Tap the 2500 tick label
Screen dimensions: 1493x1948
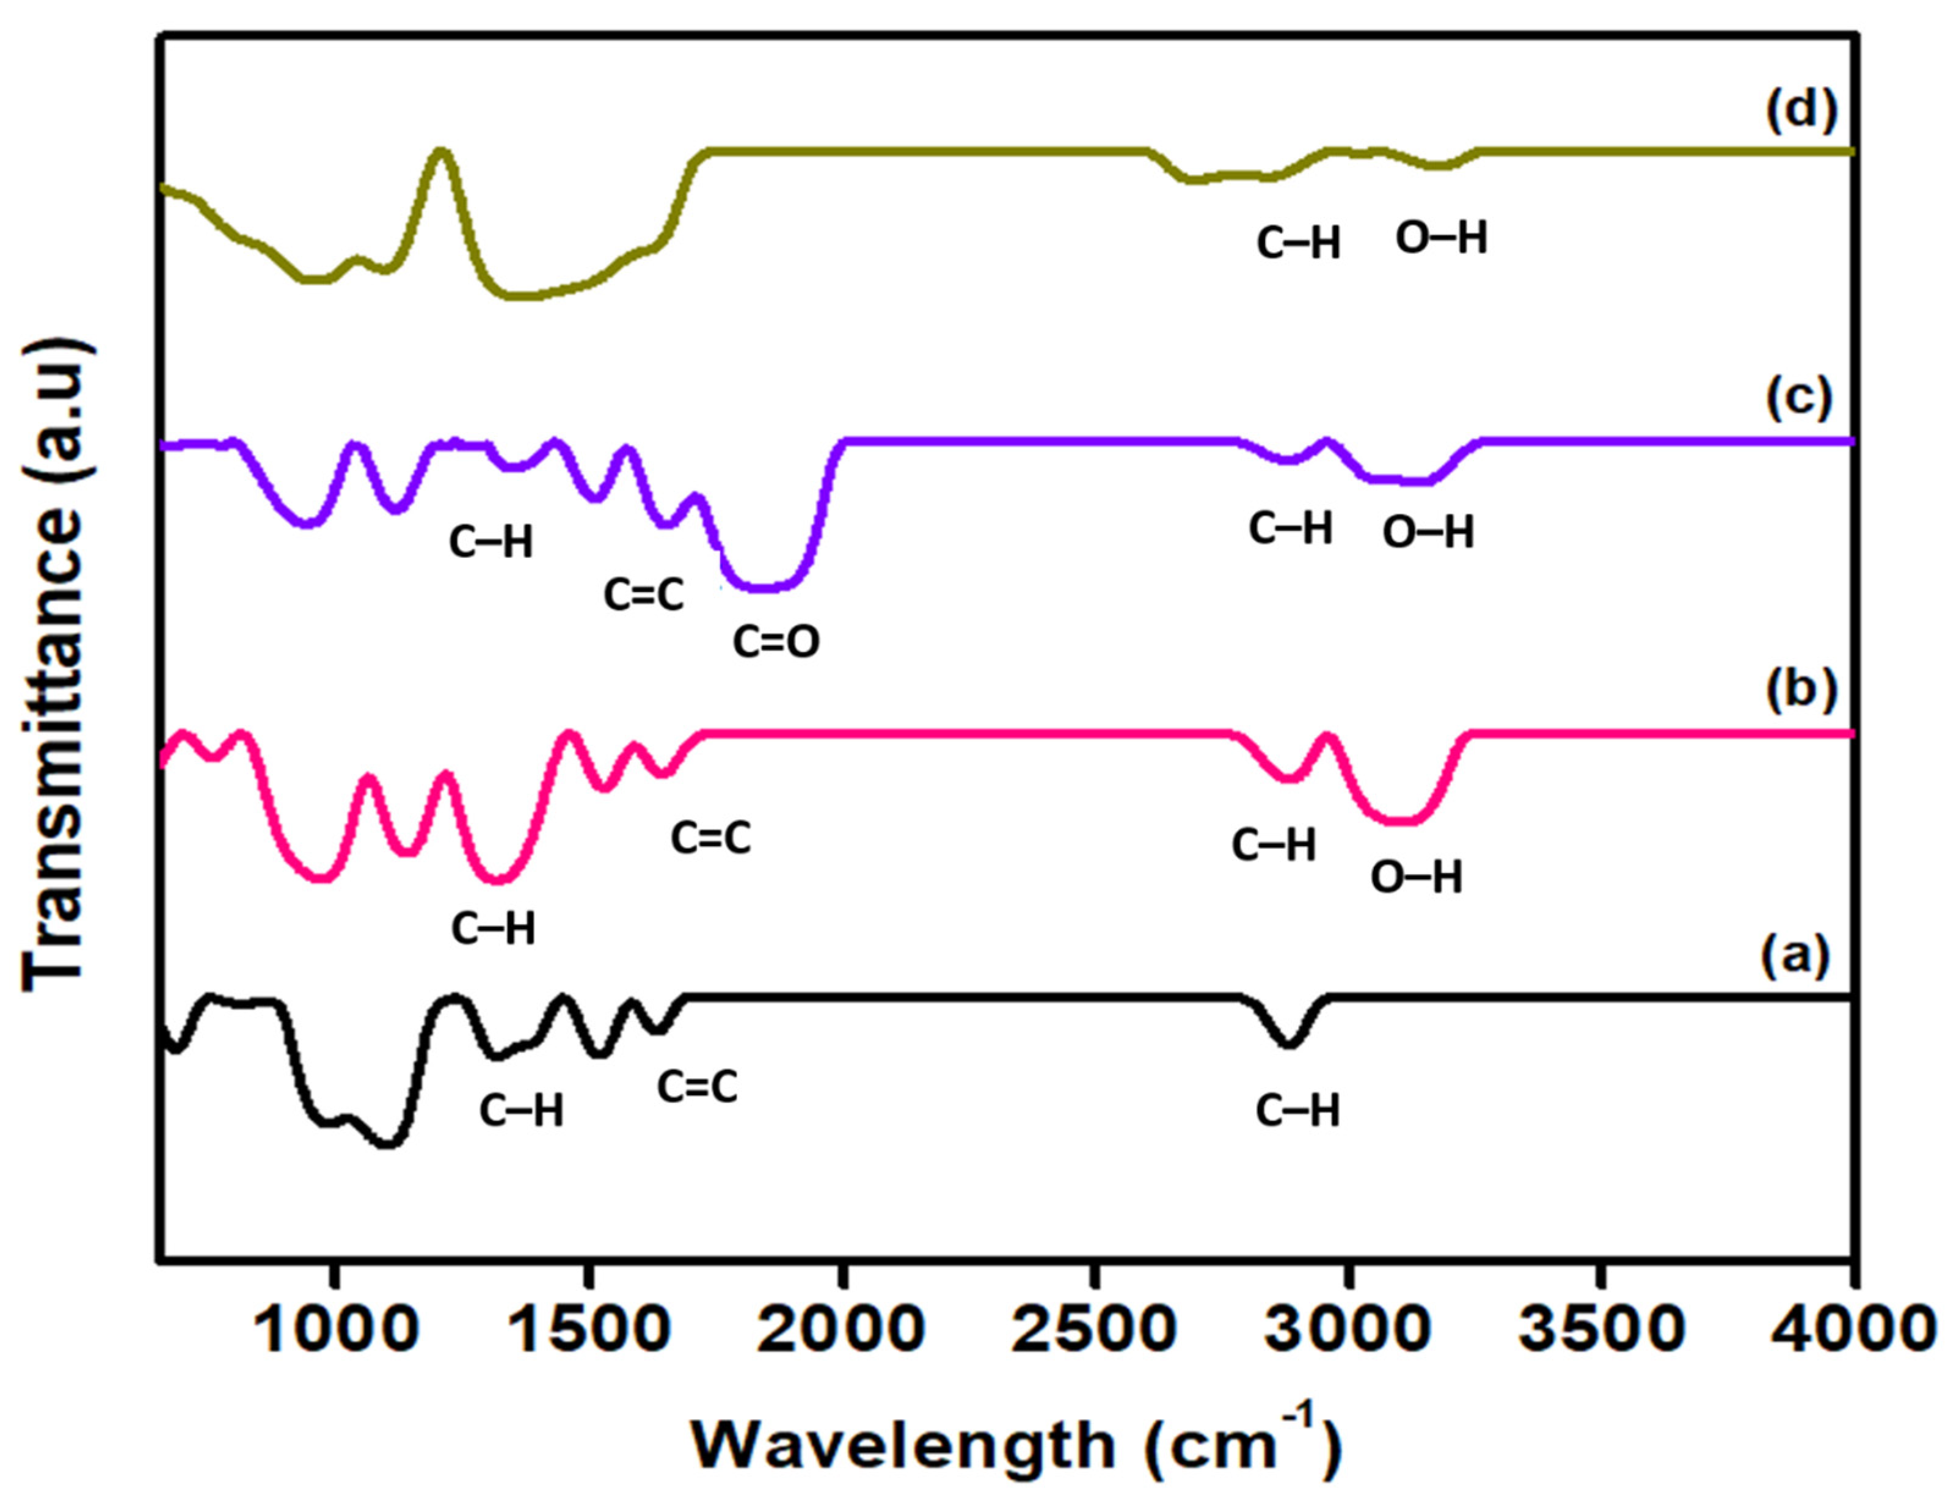(1094, 1329)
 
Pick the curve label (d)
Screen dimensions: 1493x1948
(1800, 114)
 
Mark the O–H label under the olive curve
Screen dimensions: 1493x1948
(1440, 238)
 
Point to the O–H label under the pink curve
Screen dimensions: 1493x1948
(1416, 877)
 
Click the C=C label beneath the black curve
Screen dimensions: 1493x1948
(697, 1086)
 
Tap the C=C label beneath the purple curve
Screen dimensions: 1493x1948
(643, 594)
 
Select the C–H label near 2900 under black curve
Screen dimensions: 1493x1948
(1297, 1111)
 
